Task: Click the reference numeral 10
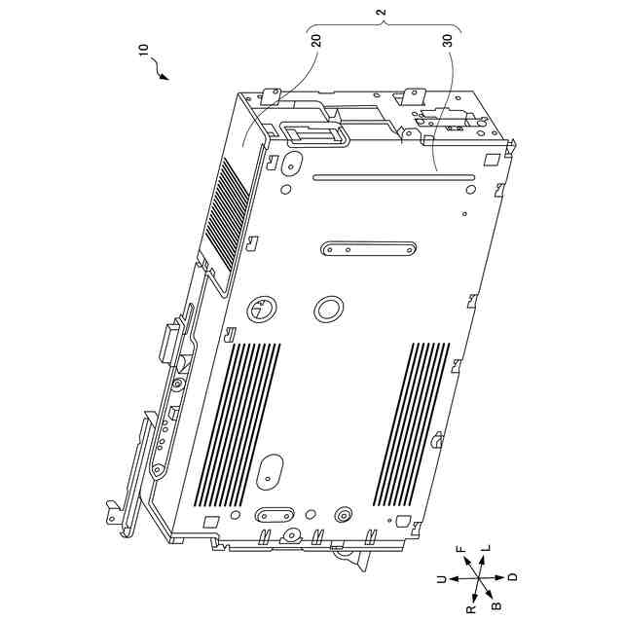(x=144, y=49)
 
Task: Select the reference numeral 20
(x=316, y=40)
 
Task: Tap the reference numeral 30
(x=448, y=40)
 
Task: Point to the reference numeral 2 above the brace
(x=382, y=12)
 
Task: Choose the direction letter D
(x=513, y=577)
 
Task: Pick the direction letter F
(x=461, y=550)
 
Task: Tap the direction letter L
(x=487, y=548)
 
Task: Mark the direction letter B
(x=496, y=605)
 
